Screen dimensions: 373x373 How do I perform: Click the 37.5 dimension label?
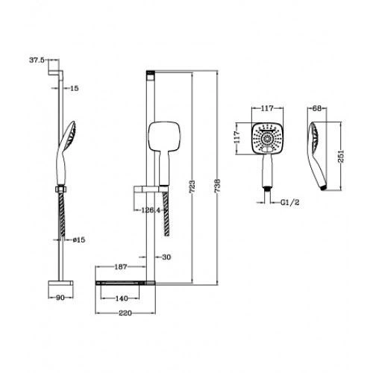[x=37, y=60]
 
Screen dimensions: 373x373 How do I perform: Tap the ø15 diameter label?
[x=79, y=240]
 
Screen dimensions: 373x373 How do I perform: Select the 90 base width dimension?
[x=60, y=298]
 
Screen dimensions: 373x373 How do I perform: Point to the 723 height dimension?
[x=192, y=187]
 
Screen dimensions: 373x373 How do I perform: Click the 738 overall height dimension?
[x=217, y=186]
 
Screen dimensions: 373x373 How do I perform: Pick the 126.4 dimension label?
[x=151, y=210]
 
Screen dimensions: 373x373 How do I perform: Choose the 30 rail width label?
[x=166, y=257]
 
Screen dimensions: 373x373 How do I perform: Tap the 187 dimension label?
[x=121, y=267]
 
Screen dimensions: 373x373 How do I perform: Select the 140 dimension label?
[x=122, y=298]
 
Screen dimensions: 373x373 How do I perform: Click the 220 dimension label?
[x=125, y=313]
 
